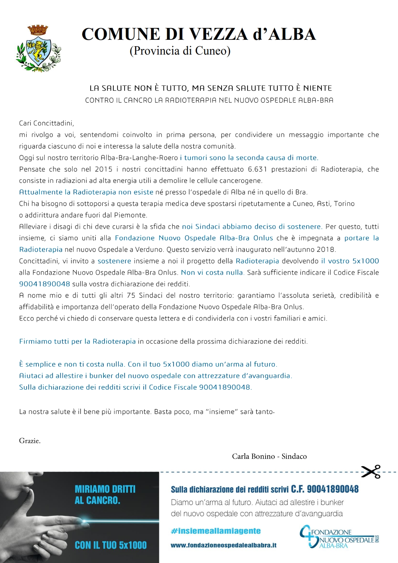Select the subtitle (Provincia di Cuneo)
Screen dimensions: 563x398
click(x=180, y=51)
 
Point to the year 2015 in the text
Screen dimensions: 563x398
click(x=103, y=169)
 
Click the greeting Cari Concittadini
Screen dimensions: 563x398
click(x=47, y=123)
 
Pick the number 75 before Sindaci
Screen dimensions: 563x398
click(x=131, y=296)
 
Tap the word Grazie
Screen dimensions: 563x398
click(x=30, y=441)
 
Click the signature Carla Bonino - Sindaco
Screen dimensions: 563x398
click(x=269, y=456)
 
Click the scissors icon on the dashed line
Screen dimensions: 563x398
click(x=371, y=472)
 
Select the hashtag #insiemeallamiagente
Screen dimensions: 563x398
click(x=216, y=531)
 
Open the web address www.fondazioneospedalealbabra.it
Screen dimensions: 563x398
click(x=224, y=545)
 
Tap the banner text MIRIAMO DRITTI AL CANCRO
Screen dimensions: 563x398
click(x=105, y=495)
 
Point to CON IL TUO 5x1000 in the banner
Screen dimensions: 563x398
click(x=111, y=545)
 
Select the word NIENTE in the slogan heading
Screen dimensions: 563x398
click(x=317, y=88)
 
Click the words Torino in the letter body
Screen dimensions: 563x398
click(x=344, y=204)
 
